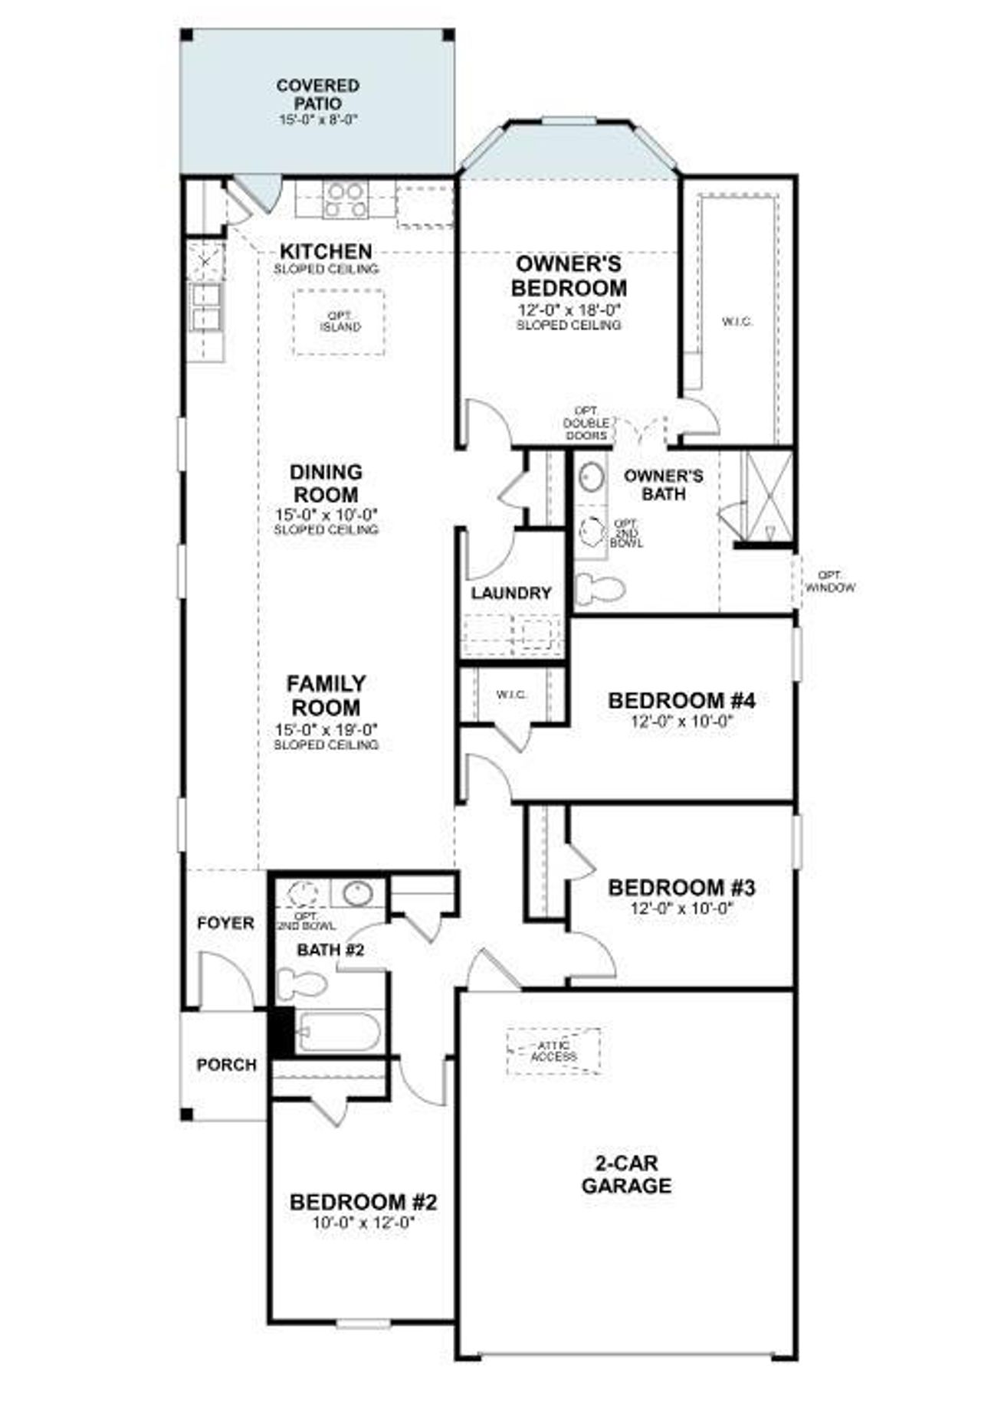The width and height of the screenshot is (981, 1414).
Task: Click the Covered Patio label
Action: (318, 94)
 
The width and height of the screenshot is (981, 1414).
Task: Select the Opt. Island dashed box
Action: (339, 322)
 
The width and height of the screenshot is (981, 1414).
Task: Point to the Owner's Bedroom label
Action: (568, 276)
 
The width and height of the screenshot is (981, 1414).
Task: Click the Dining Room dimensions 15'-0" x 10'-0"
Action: (326, 514)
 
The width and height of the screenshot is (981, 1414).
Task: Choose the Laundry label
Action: (511, 593)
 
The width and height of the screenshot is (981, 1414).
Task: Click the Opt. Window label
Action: (829, 581)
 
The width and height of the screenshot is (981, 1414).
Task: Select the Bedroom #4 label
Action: (681, 700)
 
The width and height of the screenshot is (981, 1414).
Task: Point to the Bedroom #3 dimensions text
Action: (681, 908)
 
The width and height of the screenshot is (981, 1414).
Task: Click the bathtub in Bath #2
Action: (338, 1032)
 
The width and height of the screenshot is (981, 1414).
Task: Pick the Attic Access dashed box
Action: (553, 1051)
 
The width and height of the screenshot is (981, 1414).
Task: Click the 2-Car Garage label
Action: (626, 1174)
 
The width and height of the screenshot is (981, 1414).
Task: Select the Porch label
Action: (226, 1065)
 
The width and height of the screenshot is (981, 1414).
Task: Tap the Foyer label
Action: (225, 923)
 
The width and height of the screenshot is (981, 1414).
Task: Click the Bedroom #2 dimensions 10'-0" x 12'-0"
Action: (363, 1223)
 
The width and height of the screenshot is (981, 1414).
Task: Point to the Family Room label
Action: (326, 695)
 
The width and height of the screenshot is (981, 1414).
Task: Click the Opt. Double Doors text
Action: (586, 423)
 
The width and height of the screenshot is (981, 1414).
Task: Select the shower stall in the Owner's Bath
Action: (769, 494)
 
